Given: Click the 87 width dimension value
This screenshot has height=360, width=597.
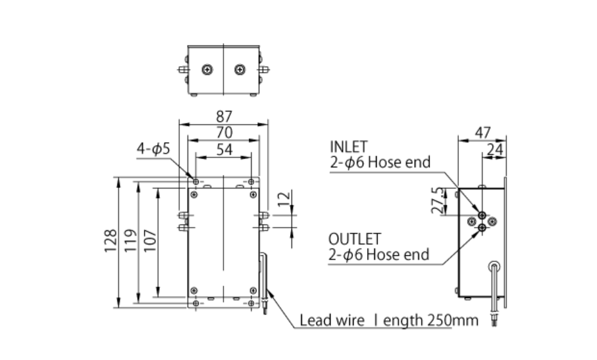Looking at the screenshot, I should click(223, 116).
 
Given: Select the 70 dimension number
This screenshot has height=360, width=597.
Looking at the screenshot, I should click(223, 132).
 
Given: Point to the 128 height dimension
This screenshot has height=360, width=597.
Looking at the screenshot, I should click(110, 241).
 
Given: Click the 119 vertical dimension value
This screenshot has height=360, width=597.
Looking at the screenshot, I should click(130, 241).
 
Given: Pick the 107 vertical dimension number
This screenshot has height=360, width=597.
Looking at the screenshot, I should click(150, 241).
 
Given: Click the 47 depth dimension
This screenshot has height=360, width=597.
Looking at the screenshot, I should click(482, 132).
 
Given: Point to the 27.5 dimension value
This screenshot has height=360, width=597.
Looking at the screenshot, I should click(438, 201).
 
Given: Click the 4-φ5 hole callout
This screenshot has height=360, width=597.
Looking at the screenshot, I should click(153, 149).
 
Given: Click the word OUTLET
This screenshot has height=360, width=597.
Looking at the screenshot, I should click(355, 239).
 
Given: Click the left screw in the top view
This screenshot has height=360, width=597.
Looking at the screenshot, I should click(207, 69).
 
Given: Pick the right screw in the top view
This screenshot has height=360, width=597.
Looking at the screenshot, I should click(240, 69).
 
